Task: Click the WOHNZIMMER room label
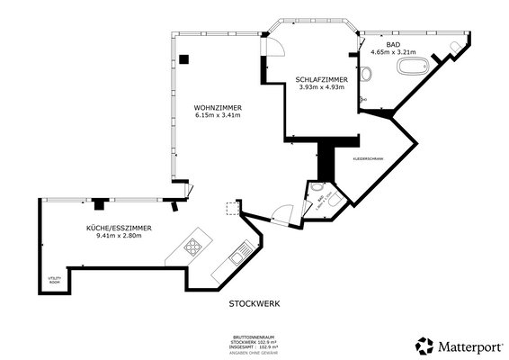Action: tap(217, 106)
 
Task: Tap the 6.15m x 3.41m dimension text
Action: tap(217, 115)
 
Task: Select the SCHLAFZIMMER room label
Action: tap(320, 79)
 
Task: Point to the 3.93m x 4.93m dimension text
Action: tap(320, 87)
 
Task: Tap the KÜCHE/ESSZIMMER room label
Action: tap(119, 229)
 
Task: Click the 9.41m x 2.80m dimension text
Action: tap(119, 237)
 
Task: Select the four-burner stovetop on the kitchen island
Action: tap(193, 247)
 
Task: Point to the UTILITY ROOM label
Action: tap(55, 280)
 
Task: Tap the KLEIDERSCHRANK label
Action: tap(367, 158)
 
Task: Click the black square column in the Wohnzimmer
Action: tap(183, 59)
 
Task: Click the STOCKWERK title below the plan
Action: tap(254, 303)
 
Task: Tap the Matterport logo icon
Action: tap(424, 346)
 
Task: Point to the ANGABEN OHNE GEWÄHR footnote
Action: tap(254, 352)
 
